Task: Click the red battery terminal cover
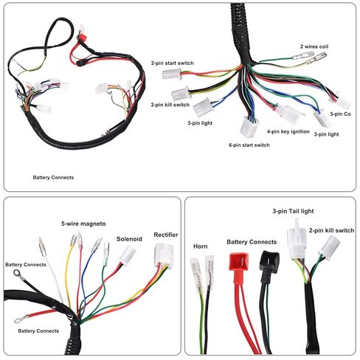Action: click(x=238, y=262)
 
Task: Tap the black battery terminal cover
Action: click(x=270, y=260)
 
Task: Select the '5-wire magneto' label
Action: click(x=83, y=224)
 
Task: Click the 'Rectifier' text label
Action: click(x=166, y=235)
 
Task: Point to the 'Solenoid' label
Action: click(x=129, y=239)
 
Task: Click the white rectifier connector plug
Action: click(x=164, y=255)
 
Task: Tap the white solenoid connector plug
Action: click(x=128, y=255)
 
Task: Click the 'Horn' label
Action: click(x=200, y=246)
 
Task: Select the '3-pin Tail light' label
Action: click(x=293, y=211)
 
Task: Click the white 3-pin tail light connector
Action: click(x=297, y=240)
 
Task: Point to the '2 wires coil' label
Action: click(x=314, y=46)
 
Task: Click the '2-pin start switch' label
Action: click(x=172, y=63)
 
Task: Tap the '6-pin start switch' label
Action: click(x=249, y=145)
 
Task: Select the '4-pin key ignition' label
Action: click(x=288, y=131)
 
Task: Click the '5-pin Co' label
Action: click(x=340, y=114)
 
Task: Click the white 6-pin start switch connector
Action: click(x=249, y=127)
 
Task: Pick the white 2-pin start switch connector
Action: click(x=171, y=74)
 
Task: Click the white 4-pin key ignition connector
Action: click(x=288, y=114)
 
